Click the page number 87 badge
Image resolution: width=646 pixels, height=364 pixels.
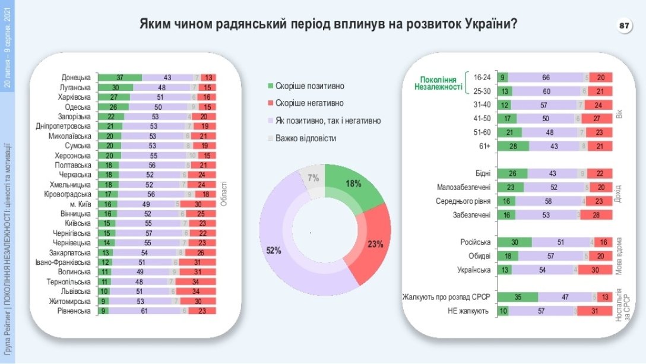[624, 27]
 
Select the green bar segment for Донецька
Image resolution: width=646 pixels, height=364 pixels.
[120, 78]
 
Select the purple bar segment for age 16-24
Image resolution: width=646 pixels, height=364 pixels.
[546, 77]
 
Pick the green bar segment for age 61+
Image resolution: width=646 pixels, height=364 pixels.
[509, 146]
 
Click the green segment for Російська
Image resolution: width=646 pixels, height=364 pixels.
[514, 242]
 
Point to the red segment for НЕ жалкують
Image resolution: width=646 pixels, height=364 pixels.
[596, 311]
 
